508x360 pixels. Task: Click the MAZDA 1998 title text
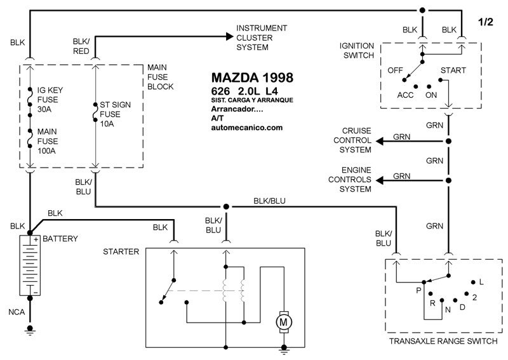pyautogui.click(x=252, y=78)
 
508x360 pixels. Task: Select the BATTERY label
pyautogui.click(x=60, y=239)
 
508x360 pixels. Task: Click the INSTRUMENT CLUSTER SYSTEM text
pyautogui.click(x=262, y=37)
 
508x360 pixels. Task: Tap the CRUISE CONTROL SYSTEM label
pyautogui.click(x=355, y=140)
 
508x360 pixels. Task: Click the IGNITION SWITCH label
pyautogui.click(x=359, y=50)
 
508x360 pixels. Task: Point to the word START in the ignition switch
pyautogui.click(x=452, y=70)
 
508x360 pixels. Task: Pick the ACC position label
pyautogui.click(x=406, y=95)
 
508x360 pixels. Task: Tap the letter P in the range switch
pyautogui.click(x=418, y=290)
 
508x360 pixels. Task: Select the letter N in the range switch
pyautogui.click(x=447, y=309)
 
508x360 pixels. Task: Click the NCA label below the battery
pyautogui.click(x=17, y=312)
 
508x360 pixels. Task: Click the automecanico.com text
pyautogui.click(x=246, y=128)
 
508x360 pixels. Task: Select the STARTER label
pyautogui.click(x=121, y=251)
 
